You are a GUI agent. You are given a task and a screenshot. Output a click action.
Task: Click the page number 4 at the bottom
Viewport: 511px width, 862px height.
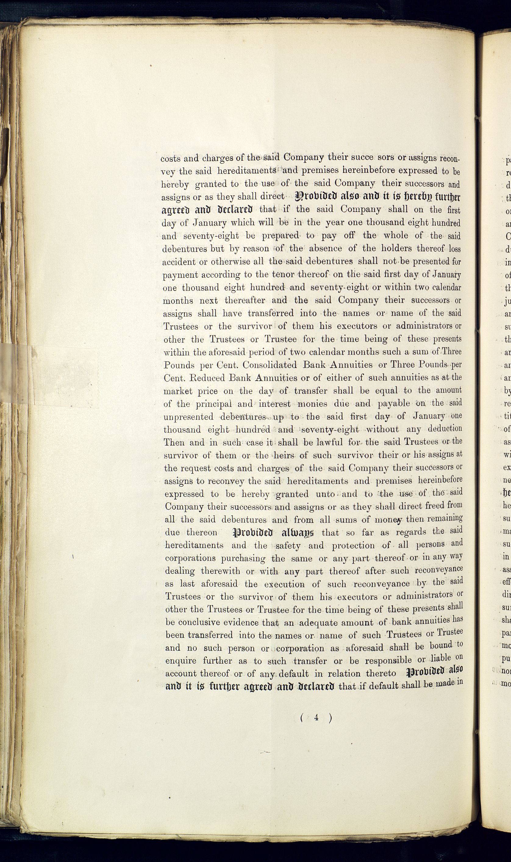coord(316,717)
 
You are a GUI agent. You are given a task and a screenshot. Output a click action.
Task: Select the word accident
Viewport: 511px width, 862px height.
coord(178,262)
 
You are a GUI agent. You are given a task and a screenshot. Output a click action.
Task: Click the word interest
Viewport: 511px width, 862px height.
coord(274,404)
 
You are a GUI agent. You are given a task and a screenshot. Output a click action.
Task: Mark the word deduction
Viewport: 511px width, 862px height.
coord(445,429)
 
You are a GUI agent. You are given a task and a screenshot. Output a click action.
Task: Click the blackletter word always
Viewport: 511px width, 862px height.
coord(298,533)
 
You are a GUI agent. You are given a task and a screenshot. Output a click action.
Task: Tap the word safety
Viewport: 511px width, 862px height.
coord(288,546)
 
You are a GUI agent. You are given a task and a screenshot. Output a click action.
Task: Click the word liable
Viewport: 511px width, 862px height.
coord(441,658)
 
